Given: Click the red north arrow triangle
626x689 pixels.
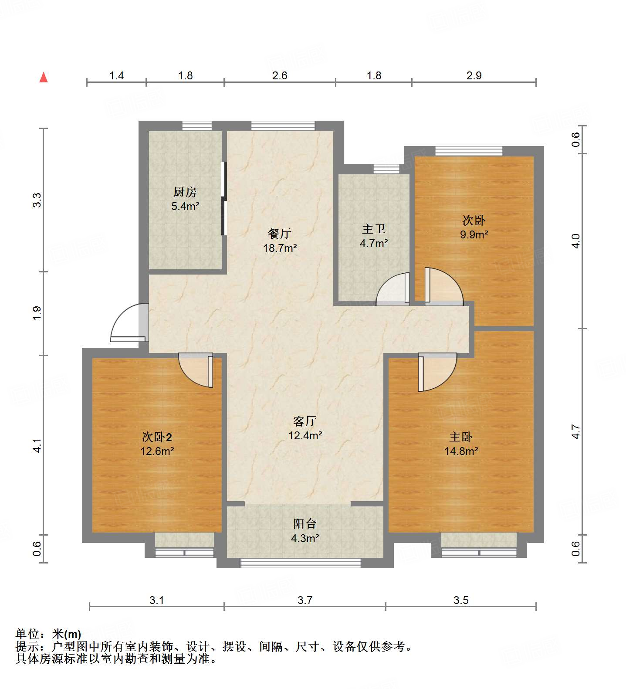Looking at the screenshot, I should pyautogui.click(x=44, y=78).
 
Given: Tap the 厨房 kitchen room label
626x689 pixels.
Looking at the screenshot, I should pyautogui.click(x=185, y=192).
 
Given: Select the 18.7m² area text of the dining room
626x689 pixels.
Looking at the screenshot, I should pyautogui.click(x=280, y=248).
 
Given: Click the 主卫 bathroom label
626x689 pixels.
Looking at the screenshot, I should pyautogui.click(x=374, y=229).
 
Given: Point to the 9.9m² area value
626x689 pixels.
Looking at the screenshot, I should pyautogui.click(x=474, y=234).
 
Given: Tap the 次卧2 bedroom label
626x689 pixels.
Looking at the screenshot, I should pyautogui.click(x=157, y=437).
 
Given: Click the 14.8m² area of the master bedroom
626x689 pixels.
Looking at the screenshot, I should pyautogui.click(x=461, y=451).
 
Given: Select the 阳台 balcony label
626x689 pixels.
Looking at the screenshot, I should pyautogui.click(x=305, y=524).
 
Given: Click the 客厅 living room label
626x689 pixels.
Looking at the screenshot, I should pyautogui.click(x=305, y=421).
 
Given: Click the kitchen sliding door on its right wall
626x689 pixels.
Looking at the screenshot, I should pyautogui.click(x=224, y=199).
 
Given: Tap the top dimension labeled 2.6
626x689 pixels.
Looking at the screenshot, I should pyautogui.click(x=280, y=76).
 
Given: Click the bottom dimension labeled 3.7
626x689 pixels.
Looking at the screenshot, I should pyautogui.click(x=305, y=601).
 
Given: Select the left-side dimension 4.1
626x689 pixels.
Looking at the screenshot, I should pyautogui.click(x=37, y=445).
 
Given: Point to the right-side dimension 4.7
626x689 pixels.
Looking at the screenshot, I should pyautogui.click(x=576, y=431).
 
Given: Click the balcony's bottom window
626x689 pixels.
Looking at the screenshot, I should pyautogui.click(x=301, y=563).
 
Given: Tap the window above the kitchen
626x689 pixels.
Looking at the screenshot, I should pyautogui.click(x=197, y=126).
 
